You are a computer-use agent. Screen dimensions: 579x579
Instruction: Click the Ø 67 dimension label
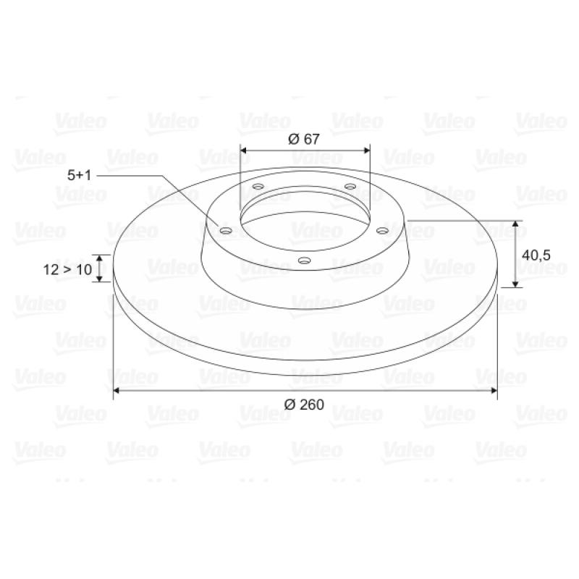click(303, 139)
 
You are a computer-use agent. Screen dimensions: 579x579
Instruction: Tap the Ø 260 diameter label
click(304, 405)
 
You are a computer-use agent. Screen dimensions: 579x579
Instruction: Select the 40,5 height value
click(536, 255)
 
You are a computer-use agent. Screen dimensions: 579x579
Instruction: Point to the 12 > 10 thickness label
click(67, 269)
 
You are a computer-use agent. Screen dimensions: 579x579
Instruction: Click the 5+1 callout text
click(79, 175)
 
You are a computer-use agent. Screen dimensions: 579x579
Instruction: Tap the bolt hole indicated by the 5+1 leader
click(226, 231)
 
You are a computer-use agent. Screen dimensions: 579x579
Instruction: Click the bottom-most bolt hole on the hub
click(304, 261)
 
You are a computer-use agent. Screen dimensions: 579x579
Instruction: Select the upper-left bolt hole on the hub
click(258, 186)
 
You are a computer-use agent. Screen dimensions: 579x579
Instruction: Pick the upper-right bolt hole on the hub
click(350, 186)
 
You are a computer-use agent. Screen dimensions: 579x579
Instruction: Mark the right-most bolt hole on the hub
click(383, 231)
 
